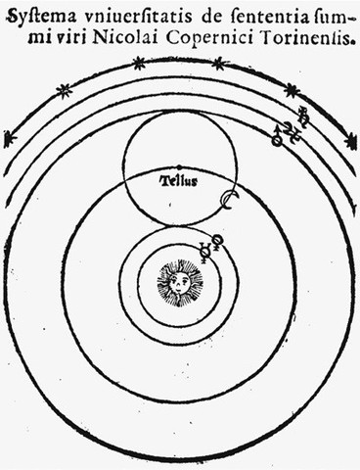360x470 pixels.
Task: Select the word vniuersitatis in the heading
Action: pos(112,15)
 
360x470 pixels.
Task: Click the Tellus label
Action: pos(180,180)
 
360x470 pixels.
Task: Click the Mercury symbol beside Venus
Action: pos(203,250)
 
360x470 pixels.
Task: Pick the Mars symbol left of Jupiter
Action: pos(278,137)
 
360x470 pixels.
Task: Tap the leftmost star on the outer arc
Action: pos(10,138)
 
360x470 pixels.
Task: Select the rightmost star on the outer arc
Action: pos(350,139)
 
